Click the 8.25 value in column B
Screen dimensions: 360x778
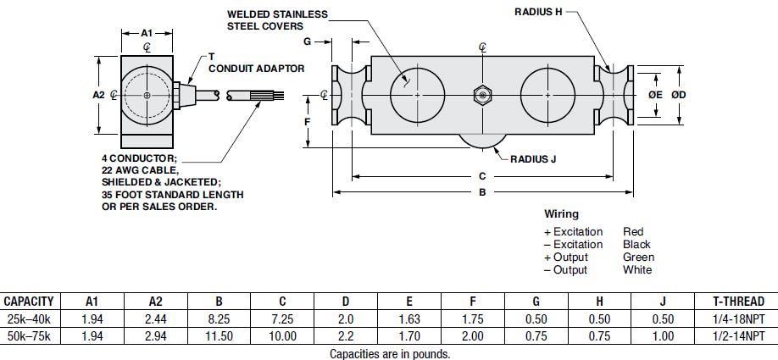[x=220, y=319]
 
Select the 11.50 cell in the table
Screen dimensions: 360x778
[x=220, y=336]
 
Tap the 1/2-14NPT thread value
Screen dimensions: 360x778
[x=735, y=336]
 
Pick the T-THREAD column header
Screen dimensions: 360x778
[x=735, y=302]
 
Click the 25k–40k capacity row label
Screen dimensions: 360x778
[x=29, y=319]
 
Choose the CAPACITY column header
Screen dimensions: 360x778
[x=30, y=302]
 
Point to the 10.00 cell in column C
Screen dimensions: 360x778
[x=282, y=336]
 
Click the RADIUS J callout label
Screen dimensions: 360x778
[x=533, y=158]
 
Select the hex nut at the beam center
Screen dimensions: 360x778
[x=481, y=96]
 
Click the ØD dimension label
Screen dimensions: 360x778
[x=678, y=96]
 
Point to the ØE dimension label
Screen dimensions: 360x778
[x=654, y=96]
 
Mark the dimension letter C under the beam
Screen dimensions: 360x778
[x=481, y=176]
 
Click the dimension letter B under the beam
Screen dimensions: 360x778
[x=481, y=193]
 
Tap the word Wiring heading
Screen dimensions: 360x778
[x=561, y=214]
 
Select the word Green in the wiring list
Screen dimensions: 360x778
[x=638, y=258]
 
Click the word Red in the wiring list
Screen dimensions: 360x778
[x=632, y=231]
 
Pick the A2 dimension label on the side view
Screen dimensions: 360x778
[x=98, y=95]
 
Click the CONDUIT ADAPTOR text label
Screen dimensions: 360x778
[x=256, y=68]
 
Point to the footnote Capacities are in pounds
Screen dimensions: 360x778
[x=390, y=353]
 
